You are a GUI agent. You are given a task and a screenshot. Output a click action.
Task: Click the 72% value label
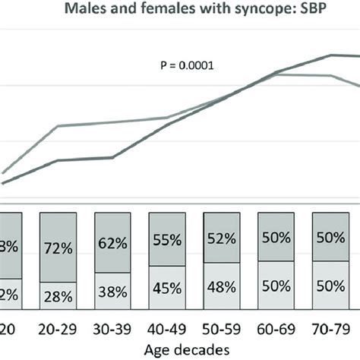pyautogui.click(x=58, y=248)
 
